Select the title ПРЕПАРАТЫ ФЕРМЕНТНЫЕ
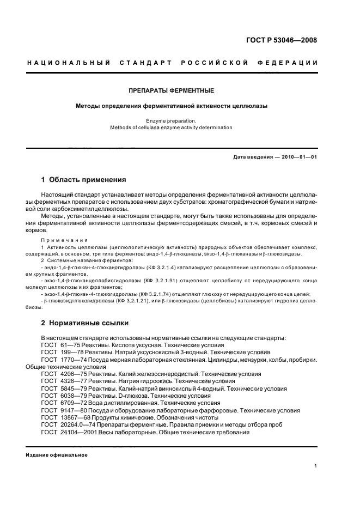[171, 90]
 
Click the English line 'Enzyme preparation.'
[171, 120]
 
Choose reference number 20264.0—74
[77, 423]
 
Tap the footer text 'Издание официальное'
[57, 455]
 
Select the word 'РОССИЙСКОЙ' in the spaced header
[217, 63]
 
